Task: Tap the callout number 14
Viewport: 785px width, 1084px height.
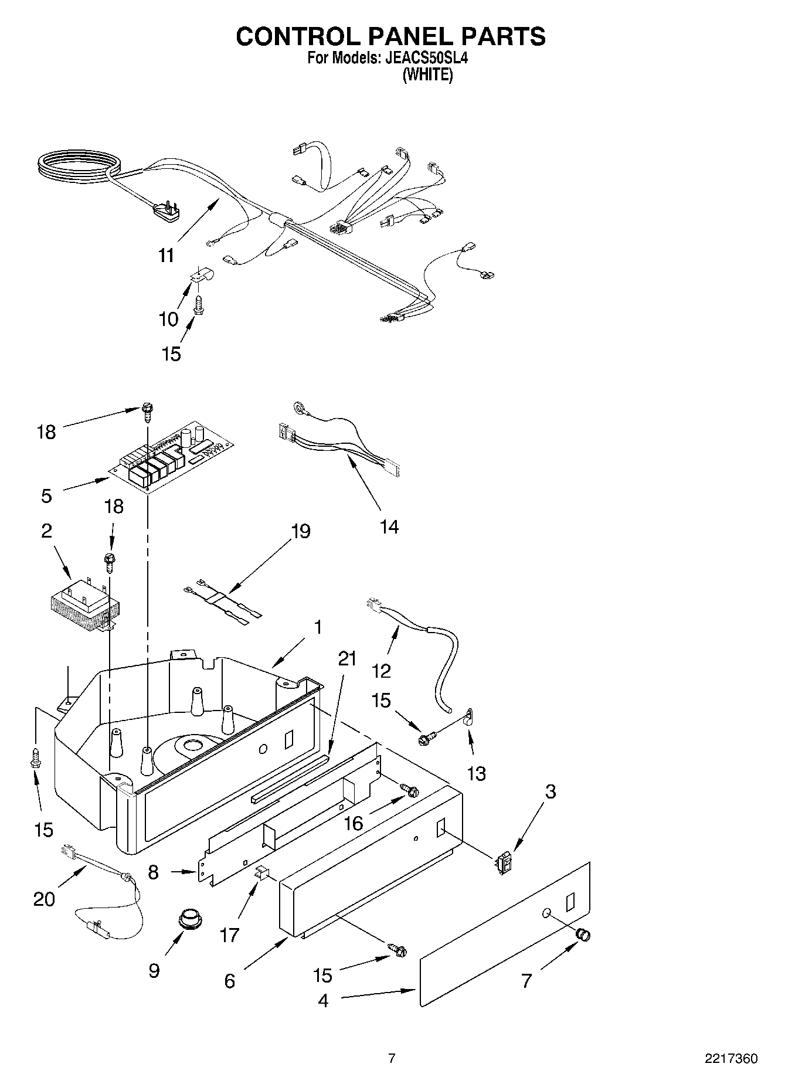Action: pyautogui.click(x=389, y=527)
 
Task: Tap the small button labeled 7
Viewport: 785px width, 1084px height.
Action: pyautogui.click(x=583, y=935)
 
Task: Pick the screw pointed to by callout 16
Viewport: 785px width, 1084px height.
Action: pyautogui.click(x=411, y=790)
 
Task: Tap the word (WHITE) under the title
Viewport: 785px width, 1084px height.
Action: pyautogui.click(x=427, y=75)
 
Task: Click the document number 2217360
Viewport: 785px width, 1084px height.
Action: pyautogui.click(x=730, y=1059)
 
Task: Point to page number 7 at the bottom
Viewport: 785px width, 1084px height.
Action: pyautogui.click(x=392, y=1058)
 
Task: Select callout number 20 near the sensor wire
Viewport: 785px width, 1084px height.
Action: pyautogui.click(x=43, y=899)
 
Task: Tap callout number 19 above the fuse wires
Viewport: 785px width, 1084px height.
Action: pyautogui.click(x=301, y=531)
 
